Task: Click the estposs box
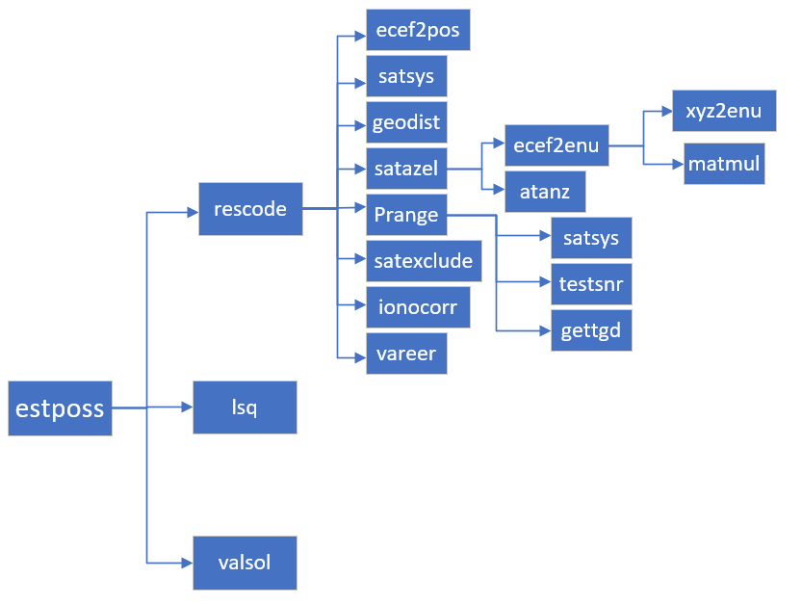60,408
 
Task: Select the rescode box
250,209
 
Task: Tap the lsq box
245,407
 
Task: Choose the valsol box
245,563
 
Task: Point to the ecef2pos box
418,30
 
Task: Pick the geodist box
406,123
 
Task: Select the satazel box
406,170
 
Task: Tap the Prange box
406,215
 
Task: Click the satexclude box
424,261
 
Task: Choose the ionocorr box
418,307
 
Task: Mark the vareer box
406,354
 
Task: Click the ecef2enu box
556,146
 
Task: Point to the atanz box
545,192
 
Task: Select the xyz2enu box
724,112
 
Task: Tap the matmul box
724,164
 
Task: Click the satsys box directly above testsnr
591,238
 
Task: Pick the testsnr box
591,284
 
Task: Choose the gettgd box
591,330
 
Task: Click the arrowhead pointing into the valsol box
188,563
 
